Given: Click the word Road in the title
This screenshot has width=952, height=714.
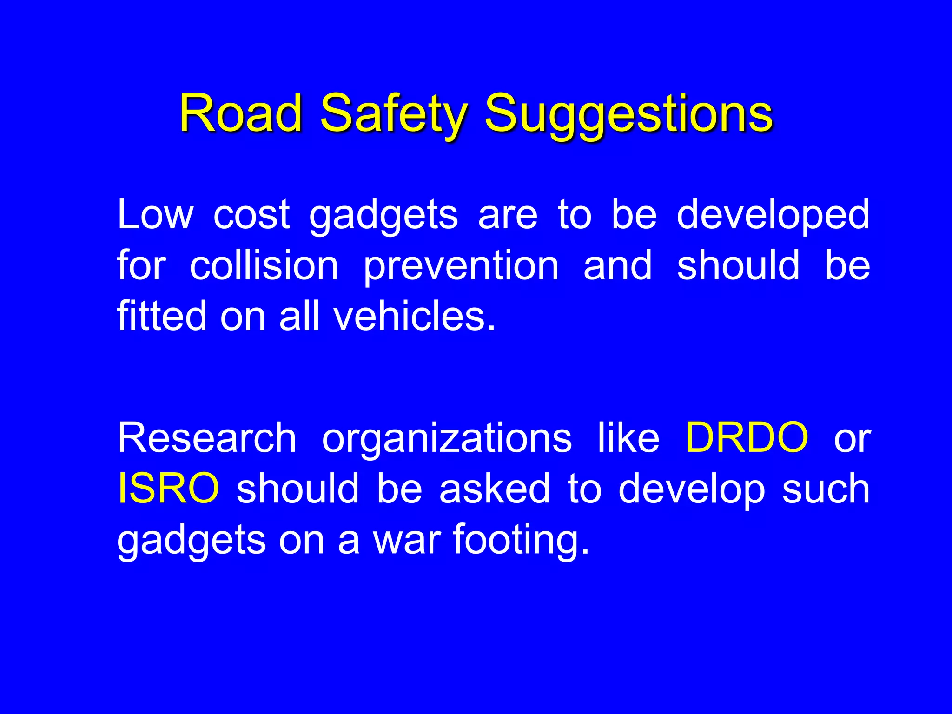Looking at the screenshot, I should [241, 113].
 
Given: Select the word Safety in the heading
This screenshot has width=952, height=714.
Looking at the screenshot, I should [393, 113].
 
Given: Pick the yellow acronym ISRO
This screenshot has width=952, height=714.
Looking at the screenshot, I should [168, 488].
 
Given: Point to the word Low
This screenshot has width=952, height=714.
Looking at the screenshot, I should [155, 214].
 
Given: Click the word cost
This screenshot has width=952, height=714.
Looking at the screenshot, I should [251, 214].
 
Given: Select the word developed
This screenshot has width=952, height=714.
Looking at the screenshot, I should [773, 214].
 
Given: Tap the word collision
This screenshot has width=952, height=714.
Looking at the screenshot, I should [264, 265].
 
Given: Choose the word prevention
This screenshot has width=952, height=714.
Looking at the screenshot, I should [461, 265].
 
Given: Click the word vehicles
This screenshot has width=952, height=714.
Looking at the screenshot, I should [415, 316].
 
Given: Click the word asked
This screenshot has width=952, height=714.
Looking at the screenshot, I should [495, 488].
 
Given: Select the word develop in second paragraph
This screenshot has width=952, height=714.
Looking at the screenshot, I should [691, 488].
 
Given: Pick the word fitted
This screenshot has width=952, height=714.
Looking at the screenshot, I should [161, 316].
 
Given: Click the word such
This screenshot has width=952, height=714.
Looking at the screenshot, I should [826, 488].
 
